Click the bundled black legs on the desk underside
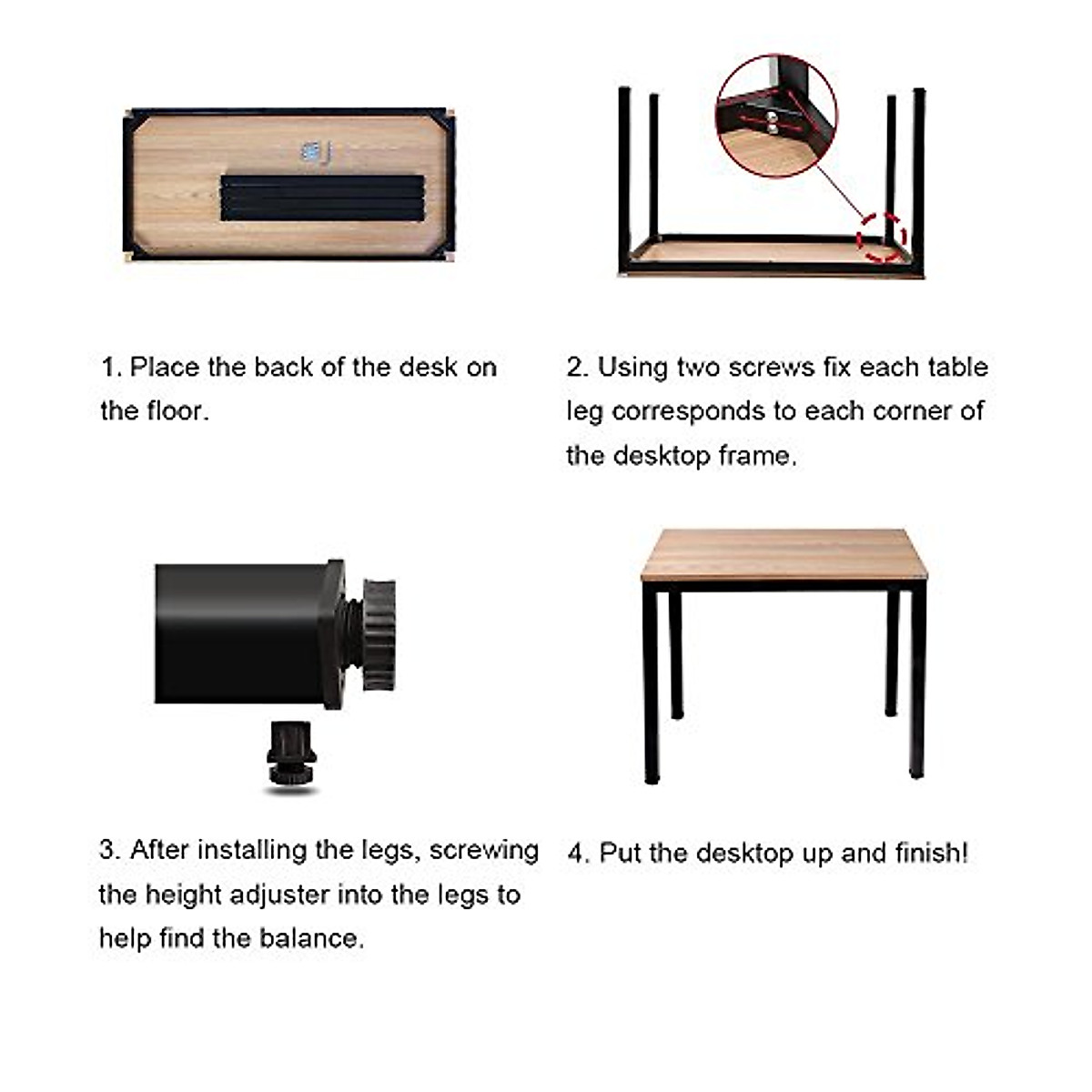[x=322, y=197]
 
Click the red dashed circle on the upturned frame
[x=882, y=237]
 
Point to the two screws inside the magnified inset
[x=772, y=122]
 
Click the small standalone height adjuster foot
[x=291, y=753]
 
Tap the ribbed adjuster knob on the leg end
[x=377, y=634]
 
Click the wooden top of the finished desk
[x=783, y=554]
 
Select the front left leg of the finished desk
[x=650, y=682]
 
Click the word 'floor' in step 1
[x=177, y=411]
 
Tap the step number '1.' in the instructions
[x=110, y=368]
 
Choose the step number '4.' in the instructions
[x=578, y=854]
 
